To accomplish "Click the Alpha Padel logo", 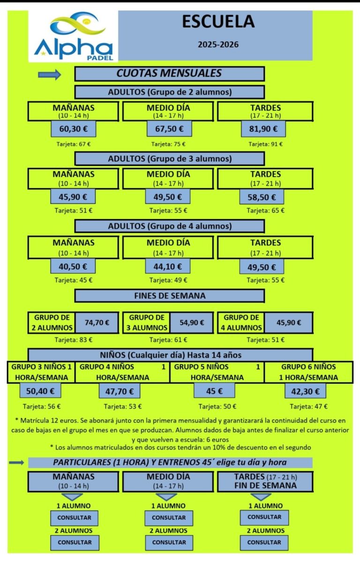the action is pos(73,36).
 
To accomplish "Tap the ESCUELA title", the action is pos(218,22).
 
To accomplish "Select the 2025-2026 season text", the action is pos(218,44).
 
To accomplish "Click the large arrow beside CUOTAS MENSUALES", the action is pos(50,74).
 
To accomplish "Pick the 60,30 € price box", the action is pos(74,129).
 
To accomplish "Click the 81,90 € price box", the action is pos(263,129).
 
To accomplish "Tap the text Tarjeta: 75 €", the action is pos(168,144).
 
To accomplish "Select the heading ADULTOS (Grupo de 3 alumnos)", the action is pos(170,159).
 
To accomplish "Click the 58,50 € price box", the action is pos(262,197).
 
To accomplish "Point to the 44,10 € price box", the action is pos(167,267).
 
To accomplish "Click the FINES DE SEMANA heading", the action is pos(170,296).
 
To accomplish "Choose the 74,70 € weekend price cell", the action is pos(97,323).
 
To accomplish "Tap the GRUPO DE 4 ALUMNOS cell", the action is pos(241,323).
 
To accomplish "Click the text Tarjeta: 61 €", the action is pos(168,340).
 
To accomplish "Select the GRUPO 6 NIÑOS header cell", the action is pos(308,372).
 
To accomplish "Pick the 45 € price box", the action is pos(214,391).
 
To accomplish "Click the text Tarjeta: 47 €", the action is pos(309,407).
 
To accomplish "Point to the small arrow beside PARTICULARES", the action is pos(16,463).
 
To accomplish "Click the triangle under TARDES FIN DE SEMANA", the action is pos(261,496).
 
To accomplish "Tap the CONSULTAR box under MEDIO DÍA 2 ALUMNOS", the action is pos(169,543).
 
